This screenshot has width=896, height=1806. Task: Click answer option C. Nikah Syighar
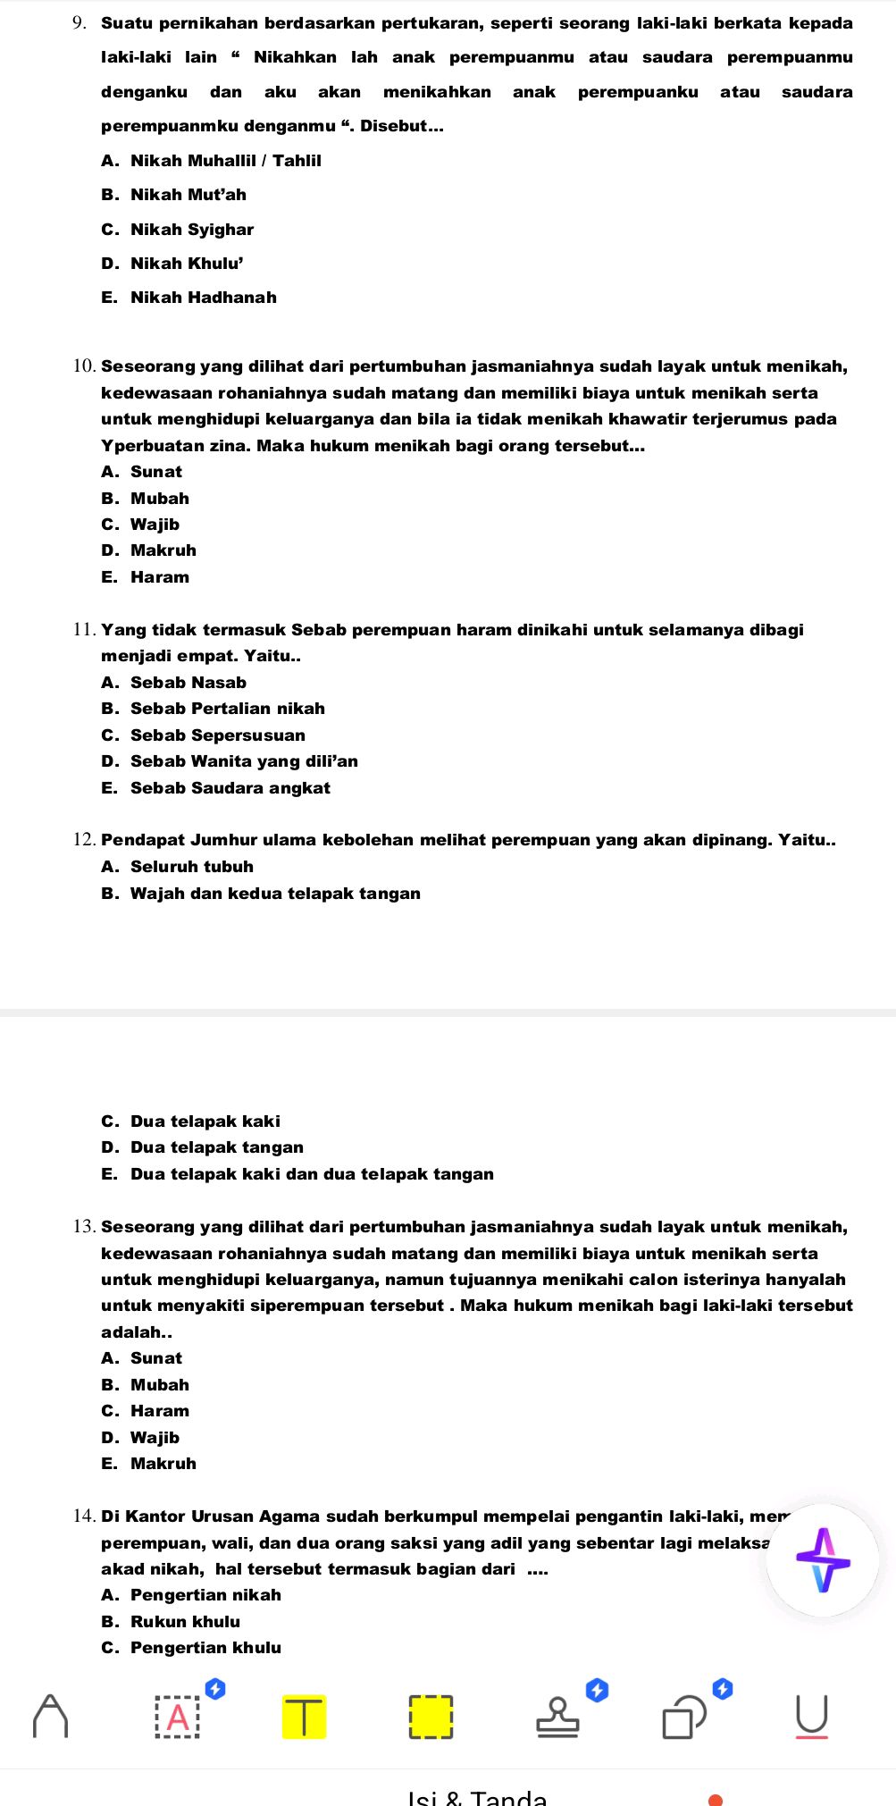click(x=178, y=230)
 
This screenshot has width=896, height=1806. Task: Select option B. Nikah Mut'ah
click(x=174, y=195)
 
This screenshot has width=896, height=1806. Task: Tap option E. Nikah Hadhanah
click(x=189, y=298)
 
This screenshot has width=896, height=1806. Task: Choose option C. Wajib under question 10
click(x=141, y=525)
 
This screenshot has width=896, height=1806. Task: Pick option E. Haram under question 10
click(x=146, y=577)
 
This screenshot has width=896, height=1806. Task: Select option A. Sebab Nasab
click(x=174, y=683)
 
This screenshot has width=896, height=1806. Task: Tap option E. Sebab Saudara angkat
click(x=216, y=788)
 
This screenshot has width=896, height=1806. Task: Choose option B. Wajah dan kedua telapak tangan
click(x=261, y=894)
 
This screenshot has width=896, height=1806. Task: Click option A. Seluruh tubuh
click(x=178, y=867)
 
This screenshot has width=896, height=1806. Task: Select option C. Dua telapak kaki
click(x=191, y=1121)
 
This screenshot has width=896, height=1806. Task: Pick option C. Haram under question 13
click(x=146, y=1411)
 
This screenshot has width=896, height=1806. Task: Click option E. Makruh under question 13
click(x=149, y=1464)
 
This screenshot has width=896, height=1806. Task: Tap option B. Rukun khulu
click(x=171, y=1622)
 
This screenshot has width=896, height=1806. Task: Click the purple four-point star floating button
click(x=823, y=1560)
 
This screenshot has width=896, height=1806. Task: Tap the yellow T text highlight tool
click(x=304, y=1717)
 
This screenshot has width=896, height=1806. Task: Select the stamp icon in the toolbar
click(x=557, y=1717)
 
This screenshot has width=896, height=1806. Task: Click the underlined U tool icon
click(x=811, y=1717)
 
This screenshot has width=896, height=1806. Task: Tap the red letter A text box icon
click(x=178, y=1717)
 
